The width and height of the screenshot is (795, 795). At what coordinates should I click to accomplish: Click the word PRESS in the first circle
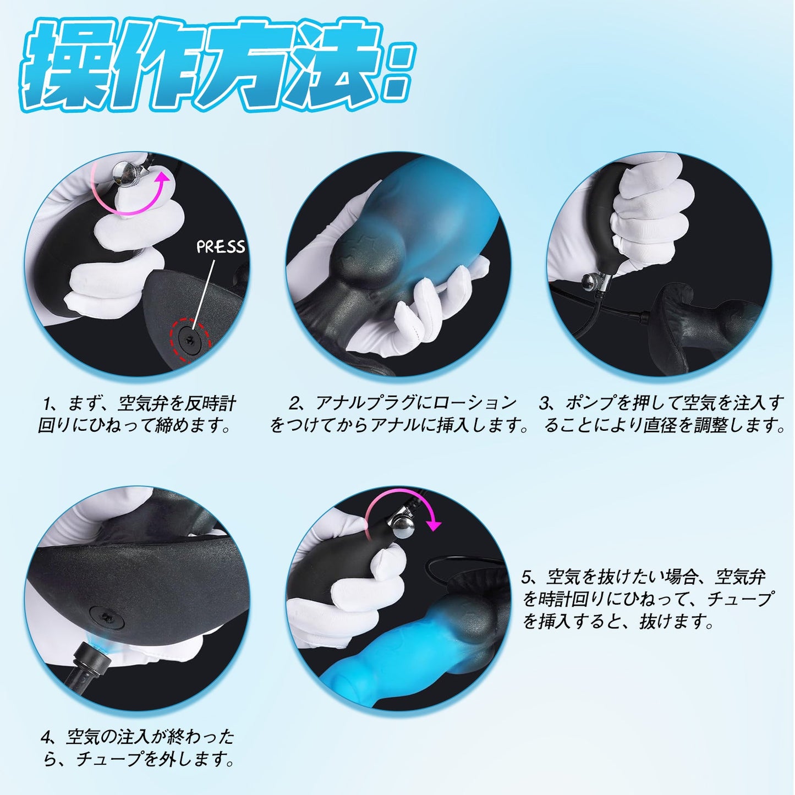(x=221, y=246)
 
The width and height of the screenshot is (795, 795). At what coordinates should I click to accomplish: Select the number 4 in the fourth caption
(x=46, y=737)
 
